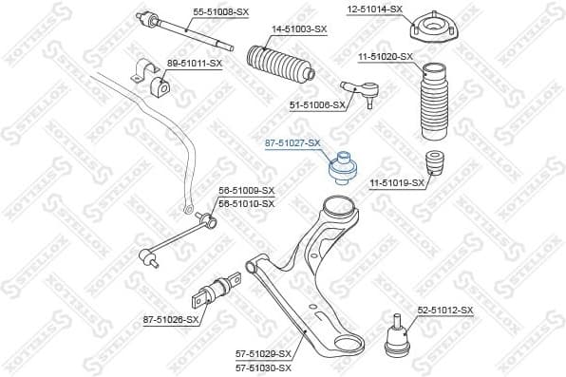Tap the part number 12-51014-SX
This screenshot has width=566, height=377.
pos(375,9)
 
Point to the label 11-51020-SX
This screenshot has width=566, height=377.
pos(386,57)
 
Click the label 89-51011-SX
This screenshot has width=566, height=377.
pos(195,63)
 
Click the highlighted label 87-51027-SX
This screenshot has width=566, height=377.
pos(292,141)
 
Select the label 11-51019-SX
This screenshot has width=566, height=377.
pos(392,181)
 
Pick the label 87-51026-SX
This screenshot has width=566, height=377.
pos(172,320)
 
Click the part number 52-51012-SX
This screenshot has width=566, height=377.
pos(444,309)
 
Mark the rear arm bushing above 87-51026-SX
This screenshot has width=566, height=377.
pos(221,288)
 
